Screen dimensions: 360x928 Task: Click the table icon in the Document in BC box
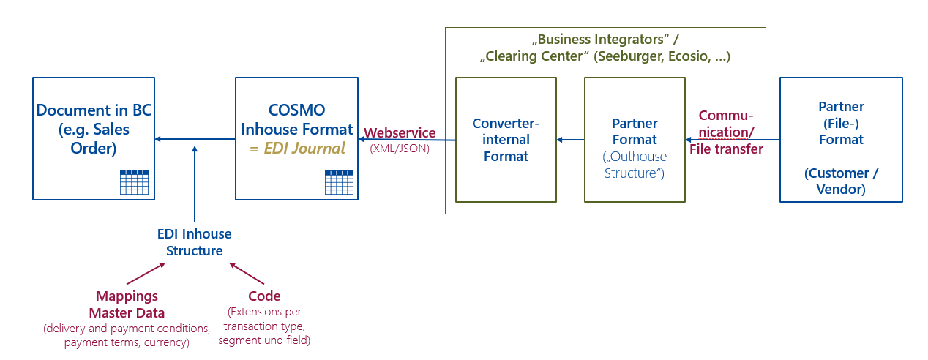click(x=134, y=182)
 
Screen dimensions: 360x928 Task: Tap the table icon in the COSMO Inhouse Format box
click(x=339, y=182)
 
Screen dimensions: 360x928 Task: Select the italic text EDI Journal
click(x=296, y=149)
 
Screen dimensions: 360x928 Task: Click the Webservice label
click(x=400, y=133)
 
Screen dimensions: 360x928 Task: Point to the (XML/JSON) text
click(x=400, y=147)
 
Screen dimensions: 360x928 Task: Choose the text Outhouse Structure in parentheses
click(x=635, y=165)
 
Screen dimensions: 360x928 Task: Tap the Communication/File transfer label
click(x=726, y=132)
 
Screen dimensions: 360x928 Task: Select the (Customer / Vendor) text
click(x=841, y=181)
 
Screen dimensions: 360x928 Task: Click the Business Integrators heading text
click(x=605, y=38)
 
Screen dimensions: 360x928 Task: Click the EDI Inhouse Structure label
click(x=195, y=242)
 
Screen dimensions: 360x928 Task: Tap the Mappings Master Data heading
click(x=127, y=304)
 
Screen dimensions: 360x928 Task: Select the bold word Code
click(x=264, y=296)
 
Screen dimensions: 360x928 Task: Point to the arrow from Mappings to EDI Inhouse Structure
click(x=146, y=274)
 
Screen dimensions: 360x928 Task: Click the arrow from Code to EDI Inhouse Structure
click(x=247, y=273)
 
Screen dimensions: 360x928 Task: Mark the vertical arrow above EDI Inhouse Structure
click(x=195, y=183)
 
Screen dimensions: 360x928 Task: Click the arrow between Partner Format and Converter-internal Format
click(x=570, y=139)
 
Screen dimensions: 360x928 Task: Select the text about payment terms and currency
click(x=127, y=342)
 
